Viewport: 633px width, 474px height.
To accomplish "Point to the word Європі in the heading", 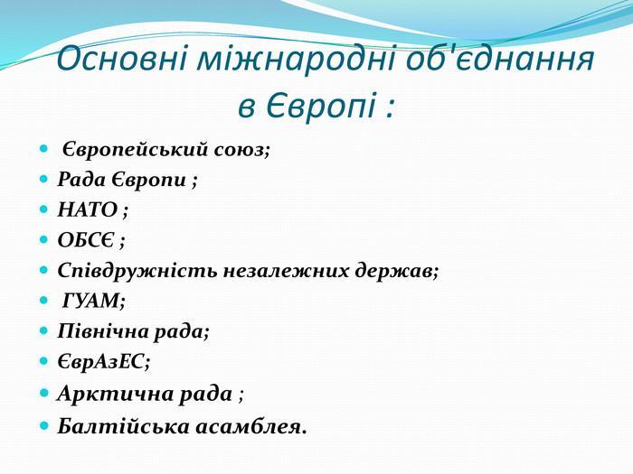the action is click(x=320, y=106).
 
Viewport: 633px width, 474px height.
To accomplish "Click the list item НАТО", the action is click(x=88, y=209).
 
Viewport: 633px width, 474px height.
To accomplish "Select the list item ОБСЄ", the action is click(x=86, y=240).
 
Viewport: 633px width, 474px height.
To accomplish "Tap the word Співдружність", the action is click(x=137, y=271).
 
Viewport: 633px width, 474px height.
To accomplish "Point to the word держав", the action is click(x=396, y=271).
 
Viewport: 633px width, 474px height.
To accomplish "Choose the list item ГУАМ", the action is click(x=92, y=301).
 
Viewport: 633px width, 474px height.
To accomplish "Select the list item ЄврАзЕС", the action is click(x=101, y=361).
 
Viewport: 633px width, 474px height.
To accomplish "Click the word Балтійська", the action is click(x=123, y=426).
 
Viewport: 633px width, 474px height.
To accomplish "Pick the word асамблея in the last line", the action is click(x=249, y=427).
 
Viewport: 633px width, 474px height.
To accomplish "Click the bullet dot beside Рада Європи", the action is click(x=43, y=179).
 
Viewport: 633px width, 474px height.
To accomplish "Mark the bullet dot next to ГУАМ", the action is click(x=43, y=301).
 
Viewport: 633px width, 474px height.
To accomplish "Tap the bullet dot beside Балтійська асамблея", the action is click(x=44, y=425).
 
